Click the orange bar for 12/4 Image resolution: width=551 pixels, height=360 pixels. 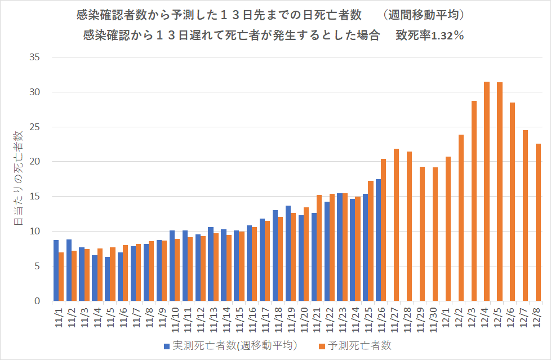click(487, 192)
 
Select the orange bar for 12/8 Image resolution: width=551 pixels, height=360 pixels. click(538, 223)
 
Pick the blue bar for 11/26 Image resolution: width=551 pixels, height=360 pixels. click(378, 240)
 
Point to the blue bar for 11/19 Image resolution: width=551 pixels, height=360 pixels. click(288, 254)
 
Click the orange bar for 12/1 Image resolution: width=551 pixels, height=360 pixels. click(448, 229)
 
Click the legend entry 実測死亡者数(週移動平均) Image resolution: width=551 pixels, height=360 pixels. click(230, 345)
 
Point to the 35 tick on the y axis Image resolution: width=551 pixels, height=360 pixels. click(35, 57)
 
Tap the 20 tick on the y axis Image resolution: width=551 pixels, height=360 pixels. click(35, 162)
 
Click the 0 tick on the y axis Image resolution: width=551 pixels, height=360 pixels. click(37, 301)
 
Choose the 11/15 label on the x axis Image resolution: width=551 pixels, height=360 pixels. click(238, 319)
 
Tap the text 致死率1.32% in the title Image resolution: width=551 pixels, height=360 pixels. click(429, 35)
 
